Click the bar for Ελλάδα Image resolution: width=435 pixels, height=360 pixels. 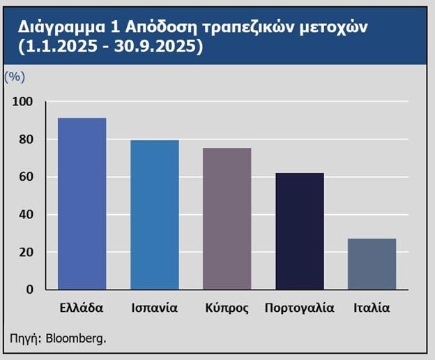coord(82,204)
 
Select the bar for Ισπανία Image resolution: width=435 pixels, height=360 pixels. coord(155,215)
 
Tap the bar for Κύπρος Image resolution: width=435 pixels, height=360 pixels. coord(227,218)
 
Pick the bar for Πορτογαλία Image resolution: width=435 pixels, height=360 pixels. coord(300,231)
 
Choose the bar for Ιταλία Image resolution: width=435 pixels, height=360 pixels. coord(372,264)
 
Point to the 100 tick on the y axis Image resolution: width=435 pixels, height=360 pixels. coord(22,102)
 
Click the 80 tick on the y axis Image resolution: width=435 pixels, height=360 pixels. coord(25,140)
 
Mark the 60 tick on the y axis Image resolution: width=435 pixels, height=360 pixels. coord(25,177)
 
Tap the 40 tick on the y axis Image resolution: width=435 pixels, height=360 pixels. coord(25,215)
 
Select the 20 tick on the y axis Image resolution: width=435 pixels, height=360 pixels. coord(25,252)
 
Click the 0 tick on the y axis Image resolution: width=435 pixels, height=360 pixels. coord(29,290)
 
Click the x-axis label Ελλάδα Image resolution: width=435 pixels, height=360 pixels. coord(82,308)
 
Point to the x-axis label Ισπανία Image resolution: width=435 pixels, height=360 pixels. coord(155,308)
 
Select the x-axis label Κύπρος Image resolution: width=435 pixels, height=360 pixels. coord(227,308)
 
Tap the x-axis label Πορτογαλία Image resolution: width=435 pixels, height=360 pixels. coord(300,308)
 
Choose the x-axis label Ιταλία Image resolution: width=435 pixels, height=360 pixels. coord(372,308)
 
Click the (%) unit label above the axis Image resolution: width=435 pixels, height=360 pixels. coord(15,75)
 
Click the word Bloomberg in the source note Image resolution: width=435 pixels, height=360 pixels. coord(76,340)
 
